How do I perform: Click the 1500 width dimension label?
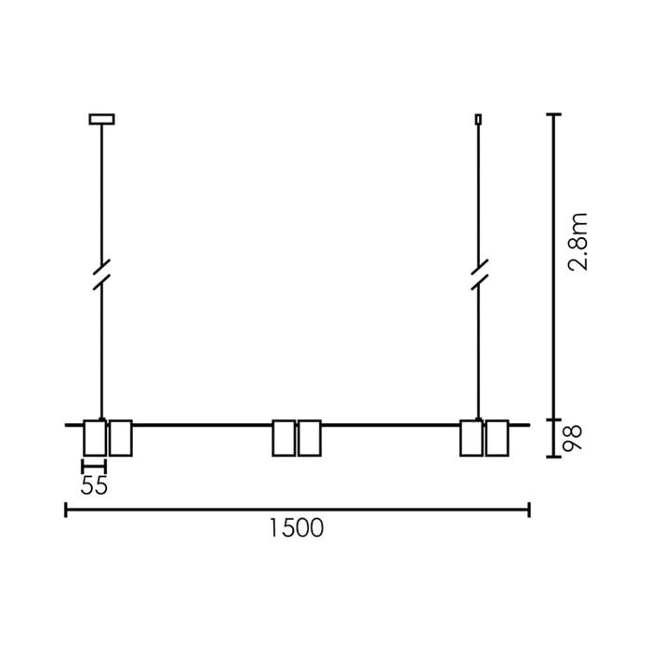[297, 528]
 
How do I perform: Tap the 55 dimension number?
[94, 485]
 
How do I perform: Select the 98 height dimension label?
[572, 438]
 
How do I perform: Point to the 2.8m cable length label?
[578, 242]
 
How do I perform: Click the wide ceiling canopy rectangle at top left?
[101, 119]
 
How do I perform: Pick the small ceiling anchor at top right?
[478, 119]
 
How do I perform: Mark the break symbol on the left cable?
[101, 275]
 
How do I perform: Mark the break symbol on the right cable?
[479, 275]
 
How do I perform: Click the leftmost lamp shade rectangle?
[95, 438]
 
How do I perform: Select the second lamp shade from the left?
[121, 438]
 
